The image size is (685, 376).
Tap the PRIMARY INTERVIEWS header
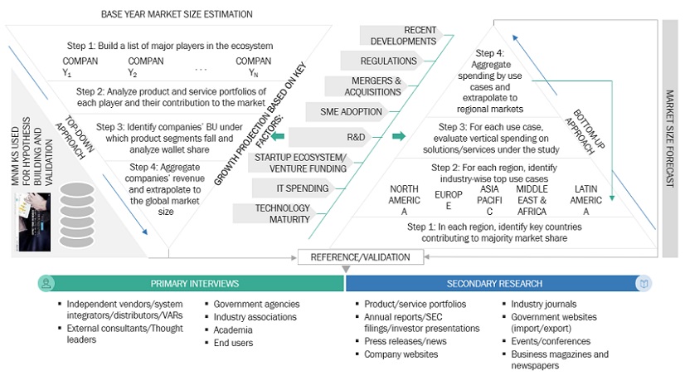(x=195, y=283)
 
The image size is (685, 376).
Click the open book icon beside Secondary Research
(x=644, y=283)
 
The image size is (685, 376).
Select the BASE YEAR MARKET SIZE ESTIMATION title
(x=177, y=15)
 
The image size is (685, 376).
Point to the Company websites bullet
(x=401, y=354)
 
